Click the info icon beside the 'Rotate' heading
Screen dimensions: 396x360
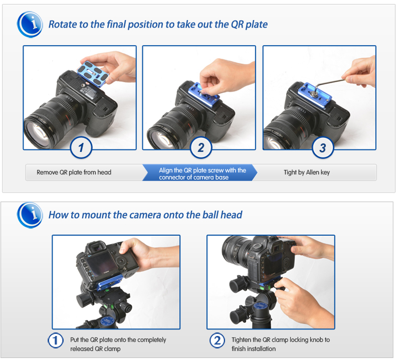30,25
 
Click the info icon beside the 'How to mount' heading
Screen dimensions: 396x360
30,215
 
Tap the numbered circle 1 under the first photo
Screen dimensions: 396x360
81,147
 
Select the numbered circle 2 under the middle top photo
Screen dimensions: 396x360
201,147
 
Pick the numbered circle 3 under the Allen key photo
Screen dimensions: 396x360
323,147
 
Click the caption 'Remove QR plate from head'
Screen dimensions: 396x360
74,172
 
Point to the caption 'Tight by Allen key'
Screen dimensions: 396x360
307,172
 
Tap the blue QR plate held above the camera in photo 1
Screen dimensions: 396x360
93,74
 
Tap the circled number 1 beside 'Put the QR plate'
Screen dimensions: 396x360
56,340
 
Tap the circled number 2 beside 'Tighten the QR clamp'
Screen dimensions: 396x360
217,340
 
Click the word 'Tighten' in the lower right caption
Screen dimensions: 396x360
242,340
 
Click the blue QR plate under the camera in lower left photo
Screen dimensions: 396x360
110,282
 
